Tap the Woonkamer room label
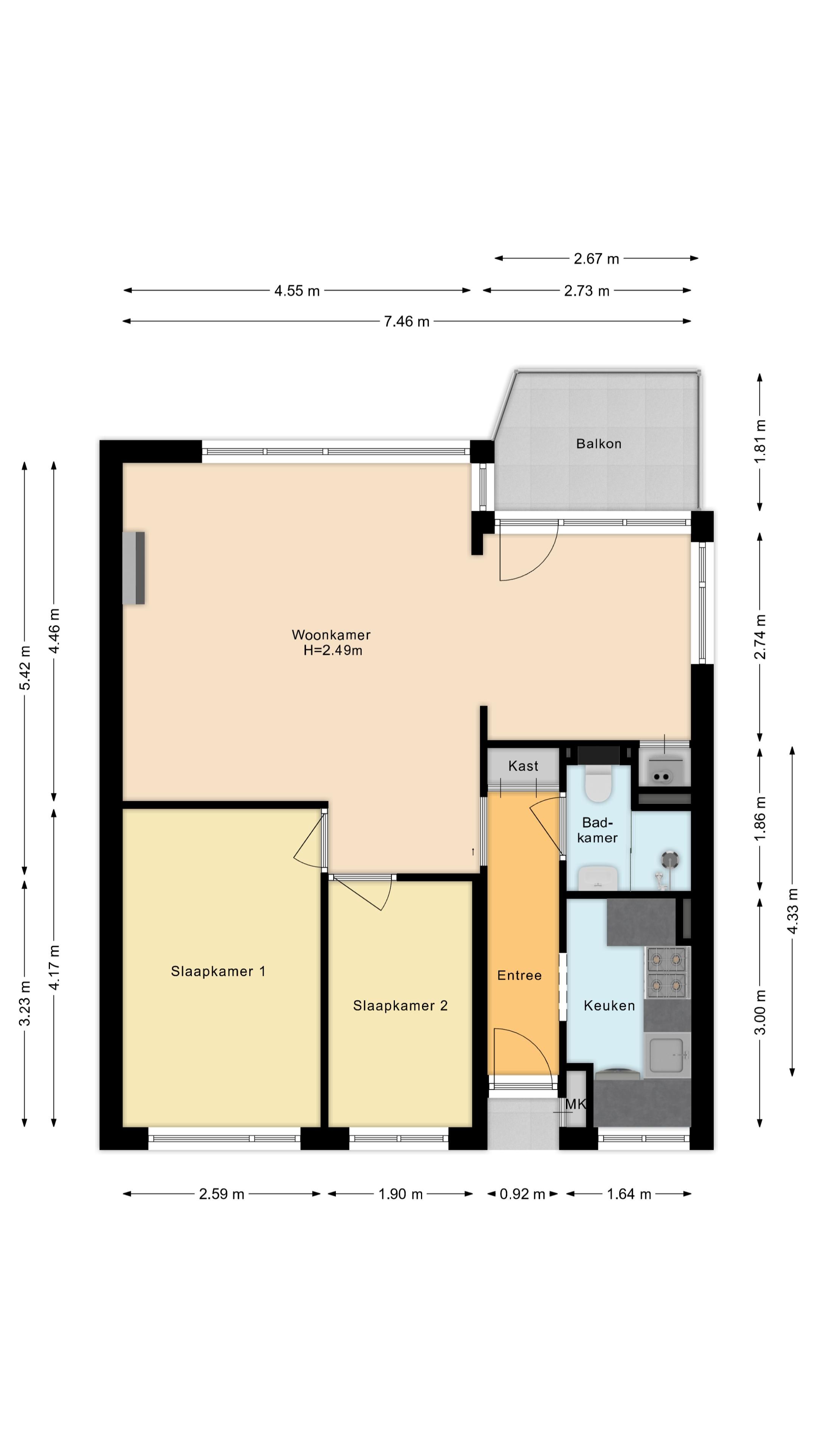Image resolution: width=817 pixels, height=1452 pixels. click(331, 635)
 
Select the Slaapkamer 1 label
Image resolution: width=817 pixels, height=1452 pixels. click(218, 971)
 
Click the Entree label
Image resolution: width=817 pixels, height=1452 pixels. click(519, 976)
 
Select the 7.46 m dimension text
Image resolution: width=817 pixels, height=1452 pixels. click(407, 322)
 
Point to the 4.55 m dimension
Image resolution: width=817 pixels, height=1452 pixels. click(297, 291)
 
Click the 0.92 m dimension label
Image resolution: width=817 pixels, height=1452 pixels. click(522, 1194)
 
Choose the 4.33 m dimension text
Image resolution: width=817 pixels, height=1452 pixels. click(793, 911)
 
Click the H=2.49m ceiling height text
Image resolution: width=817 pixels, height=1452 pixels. click(333, 650)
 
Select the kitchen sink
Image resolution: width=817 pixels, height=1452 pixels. click(667, 1055)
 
